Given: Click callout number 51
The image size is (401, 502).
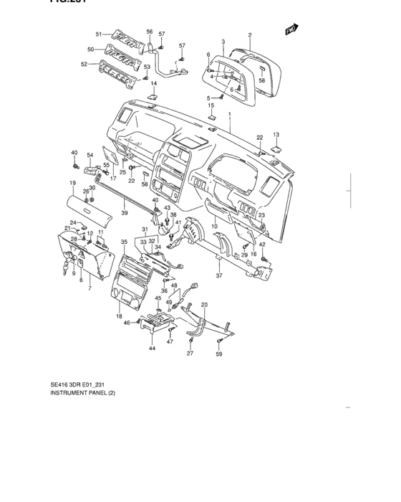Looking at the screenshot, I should [100, 34].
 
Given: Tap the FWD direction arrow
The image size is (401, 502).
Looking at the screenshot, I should [291, 29].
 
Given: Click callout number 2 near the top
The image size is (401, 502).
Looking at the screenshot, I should [250, 34].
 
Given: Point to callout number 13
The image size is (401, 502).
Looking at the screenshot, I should [276, 135].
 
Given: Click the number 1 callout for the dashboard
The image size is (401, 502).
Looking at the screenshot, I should [229, 115].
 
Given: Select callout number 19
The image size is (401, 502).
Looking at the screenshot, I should [72, 184].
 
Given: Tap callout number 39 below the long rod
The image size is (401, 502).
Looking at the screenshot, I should [124, 213].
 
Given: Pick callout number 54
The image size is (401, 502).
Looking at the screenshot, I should [90, 156].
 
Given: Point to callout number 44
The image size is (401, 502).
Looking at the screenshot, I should [152, 348].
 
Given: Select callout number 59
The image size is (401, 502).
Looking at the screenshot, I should [220, 354].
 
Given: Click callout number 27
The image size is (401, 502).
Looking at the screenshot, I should [190, 354].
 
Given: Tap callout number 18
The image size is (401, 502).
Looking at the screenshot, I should [118, 316].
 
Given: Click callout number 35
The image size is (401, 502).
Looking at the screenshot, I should [124, 242].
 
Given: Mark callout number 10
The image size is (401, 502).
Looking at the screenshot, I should [214, 227].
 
